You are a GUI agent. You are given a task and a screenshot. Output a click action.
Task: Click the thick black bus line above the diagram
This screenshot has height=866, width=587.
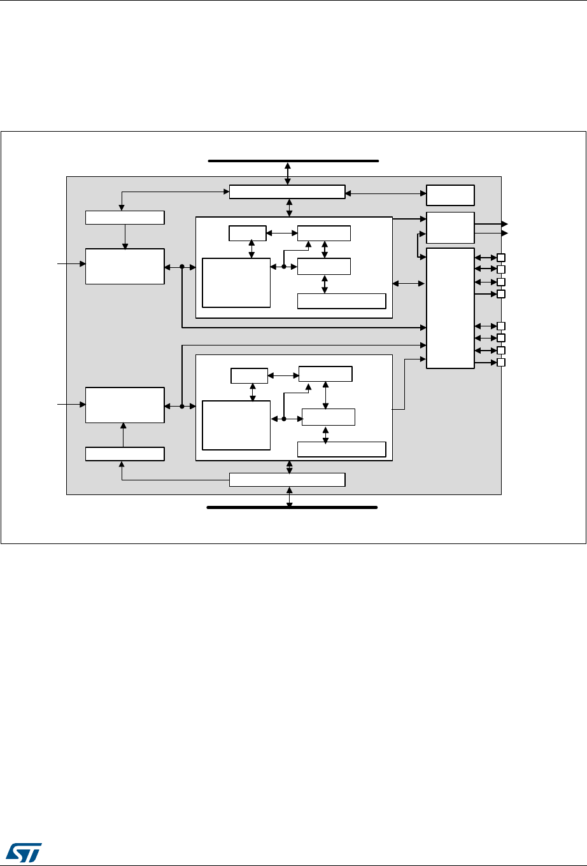(293, 162)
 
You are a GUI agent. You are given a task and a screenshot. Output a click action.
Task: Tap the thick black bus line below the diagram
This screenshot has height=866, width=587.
(292, 508)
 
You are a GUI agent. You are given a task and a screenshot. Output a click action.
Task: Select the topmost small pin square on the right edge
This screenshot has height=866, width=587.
(501, 258)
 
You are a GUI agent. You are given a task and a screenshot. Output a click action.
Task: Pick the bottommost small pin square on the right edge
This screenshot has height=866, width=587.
(501, 363)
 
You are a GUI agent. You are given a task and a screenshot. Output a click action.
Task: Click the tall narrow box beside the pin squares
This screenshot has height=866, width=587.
(450, 308)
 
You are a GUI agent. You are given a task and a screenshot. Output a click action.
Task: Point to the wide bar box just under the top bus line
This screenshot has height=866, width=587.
(286, 192)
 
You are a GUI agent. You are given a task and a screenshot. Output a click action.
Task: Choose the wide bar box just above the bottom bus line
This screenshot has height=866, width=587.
(286, 480)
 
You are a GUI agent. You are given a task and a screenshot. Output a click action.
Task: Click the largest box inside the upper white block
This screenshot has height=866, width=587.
(236, 283)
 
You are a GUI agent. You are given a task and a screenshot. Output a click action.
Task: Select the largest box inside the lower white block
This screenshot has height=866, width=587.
(236, 425)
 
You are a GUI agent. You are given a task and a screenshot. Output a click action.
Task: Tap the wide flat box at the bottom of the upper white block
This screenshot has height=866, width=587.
(342, 301)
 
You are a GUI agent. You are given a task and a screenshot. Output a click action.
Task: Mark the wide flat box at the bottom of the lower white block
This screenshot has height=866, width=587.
(342, 449)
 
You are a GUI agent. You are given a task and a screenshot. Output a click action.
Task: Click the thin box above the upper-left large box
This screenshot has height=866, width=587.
(125, 218)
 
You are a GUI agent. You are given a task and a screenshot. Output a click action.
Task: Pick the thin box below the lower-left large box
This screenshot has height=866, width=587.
(125, 454)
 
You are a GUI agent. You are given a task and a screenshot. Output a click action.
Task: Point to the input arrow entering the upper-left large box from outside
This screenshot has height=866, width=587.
(70, 262)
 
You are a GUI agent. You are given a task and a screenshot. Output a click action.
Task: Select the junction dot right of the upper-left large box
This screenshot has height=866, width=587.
(182, 267)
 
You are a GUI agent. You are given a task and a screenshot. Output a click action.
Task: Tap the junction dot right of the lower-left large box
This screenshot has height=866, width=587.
(182, 405)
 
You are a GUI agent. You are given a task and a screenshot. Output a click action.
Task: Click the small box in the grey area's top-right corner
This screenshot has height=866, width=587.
(450, 194)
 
